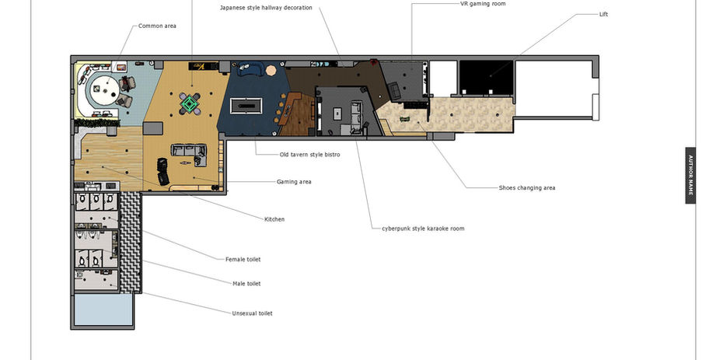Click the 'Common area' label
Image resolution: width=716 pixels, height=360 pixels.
tap(157, 26)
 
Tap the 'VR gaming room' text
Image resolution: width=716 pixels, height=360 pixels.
tap(483, 4)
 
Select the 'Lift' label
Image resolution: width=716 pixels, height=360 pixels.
tap(603, 14)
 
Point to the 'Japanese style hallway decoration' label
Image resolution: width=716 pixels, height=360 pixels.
tap(266, 8)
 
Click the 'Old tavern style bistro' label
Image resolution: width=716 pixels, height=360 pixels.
tap(309, 155)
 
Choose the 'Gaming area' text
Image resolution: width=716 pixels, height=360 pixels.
tap(294, 182)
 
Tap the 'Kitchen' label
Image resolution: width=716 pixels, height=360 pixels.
tap(274, 219)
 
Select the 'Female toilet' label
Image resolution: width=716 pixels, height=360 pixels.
tap(243, 260)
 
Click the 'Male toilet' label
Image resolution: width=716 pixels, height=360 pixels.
tap(246, 284)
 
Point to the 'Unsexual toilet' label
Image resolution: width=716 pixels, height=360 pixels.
tap(252, 313)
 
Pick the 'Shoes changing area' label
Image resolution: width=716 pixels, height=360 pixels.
tap(527, 187)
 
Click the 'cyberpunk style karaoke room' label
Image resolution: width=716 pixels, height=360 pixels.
tap(423, 229)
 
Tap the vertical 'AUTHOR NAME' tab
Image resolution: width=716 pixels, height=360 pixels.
tap(690, 176)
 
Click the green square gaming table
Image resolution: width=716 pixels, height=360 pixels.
tap(189, 103)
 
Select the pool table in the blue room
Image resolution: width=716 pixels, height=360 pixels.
tap(246, 106)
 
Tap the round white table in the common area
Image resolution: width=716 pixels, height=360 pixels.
tap(104, 90)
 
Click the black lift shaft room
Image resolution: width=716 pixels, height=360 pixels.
tap(486, 77)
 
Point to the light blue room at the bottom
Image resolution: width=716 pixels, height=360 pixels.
tap(103, 309)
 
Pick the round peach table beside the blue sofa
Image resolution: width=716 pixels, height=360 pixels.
tap(271, 70)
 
